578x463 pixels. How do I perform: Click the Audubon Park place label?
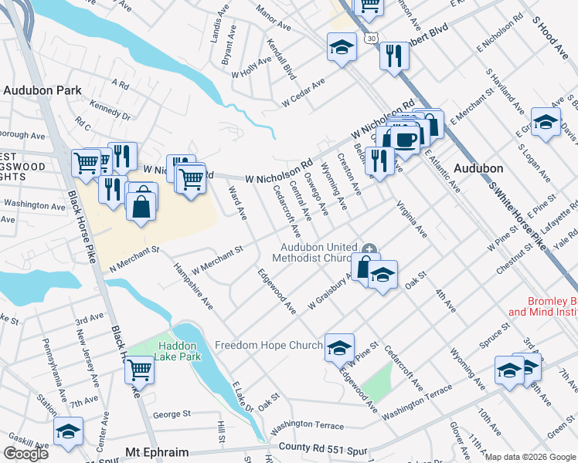tap(42, 90)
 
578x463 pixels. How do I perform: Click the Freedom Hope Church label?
tap(268, 345)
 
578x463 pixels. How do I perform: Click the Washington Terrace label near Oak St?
tap(307, 425)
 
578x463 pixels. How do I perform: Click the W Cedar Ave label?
tap(303, 93)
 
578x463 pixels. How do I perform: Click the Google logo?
tap(25, 453)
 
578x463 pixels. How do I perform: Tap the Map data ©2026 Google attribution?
tap(530, 457)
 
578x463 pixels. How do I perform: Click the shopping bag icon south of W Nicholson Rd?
tap(141, 206)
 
